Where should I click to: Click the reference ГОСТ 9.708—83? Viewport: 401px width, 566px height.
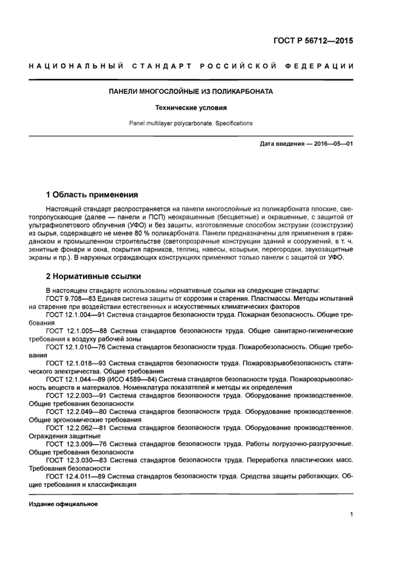[73, 298]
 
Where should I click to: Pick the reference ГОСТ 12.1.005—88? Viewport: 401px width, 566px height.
[77, 330]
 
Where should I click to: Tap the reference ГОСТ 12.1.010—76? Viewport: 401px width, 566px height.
[77, 346]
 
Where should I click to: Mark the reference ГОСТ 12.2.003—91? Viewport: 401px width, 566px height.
[77, 394]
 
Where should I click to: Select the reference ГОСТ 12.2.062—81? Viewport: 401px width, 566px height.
[77, 427]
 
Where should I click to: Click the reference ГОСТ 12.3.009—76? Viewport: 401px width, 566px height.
[77, 443]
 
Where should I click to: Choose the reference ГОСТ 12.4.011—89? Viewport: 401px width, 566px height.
[77, 475]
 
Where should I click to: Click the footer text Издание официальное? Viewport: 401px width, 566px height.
[63, 504]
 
